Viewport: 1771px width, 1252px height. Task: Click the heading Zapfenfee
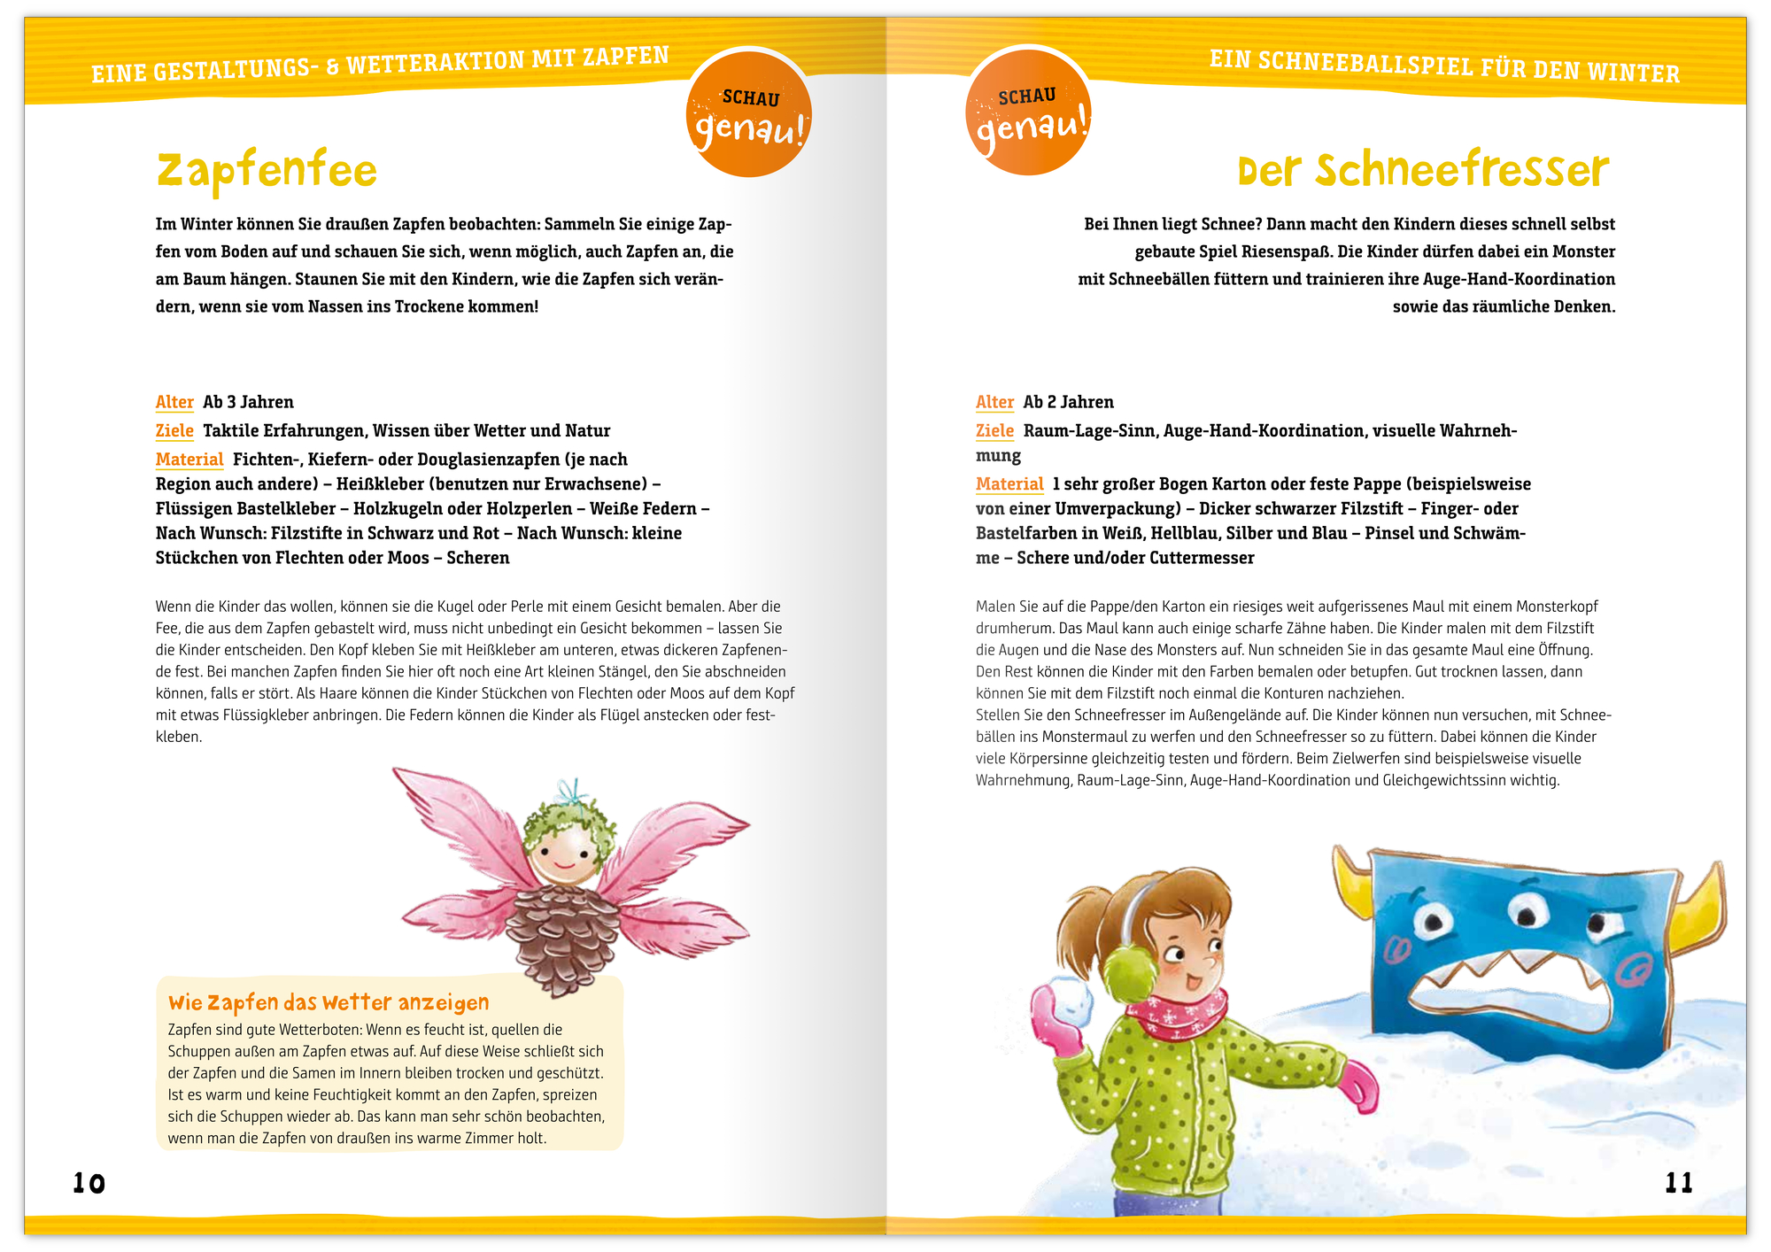click(267, 171)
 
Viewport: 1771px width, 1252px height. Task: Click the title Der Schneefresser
click(1423, 170)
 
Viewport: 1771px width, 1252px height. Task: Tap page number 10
click(89, 1183)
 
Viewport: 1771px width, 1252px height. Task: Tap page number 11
click(1679, 1183)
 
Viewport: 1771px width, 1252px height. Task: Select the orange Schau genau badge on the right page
click(1028, 112)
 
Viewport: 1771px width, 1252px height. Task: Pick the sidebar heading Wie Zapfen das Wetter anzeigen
click(329, 1002)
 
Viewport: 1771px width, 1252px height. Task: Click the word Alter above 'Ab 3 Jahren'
click(174, 402)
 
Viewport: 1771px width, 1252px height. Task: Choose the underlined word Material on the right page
click(1009, 484)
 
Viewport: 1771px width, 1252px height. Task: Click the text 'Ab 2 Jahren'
click(1068, 402)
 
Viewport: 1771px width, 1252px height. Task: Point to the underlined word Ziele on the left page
click(174, 431)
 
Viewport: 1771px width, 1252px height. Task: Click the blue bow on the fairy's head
click(574, 791)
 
